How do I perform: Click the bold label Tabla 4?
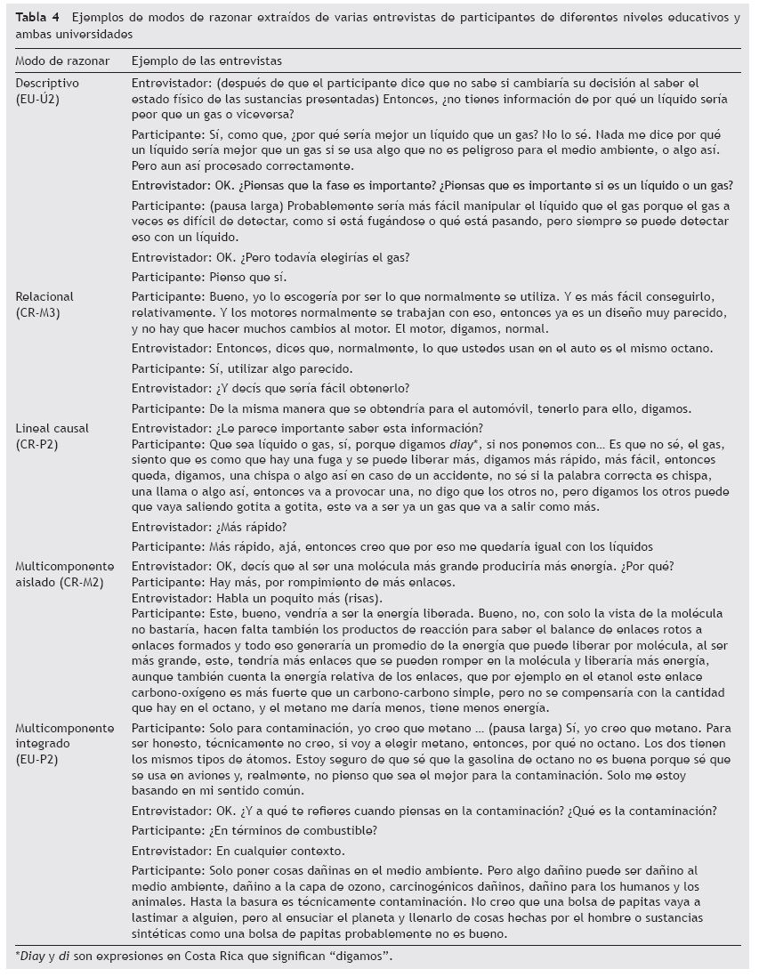[38, 18]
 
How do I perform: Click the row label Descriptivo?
[47, 82]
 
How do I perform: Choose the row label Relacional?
[44, 295]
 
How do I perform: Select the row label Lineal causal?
[52, 428]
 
